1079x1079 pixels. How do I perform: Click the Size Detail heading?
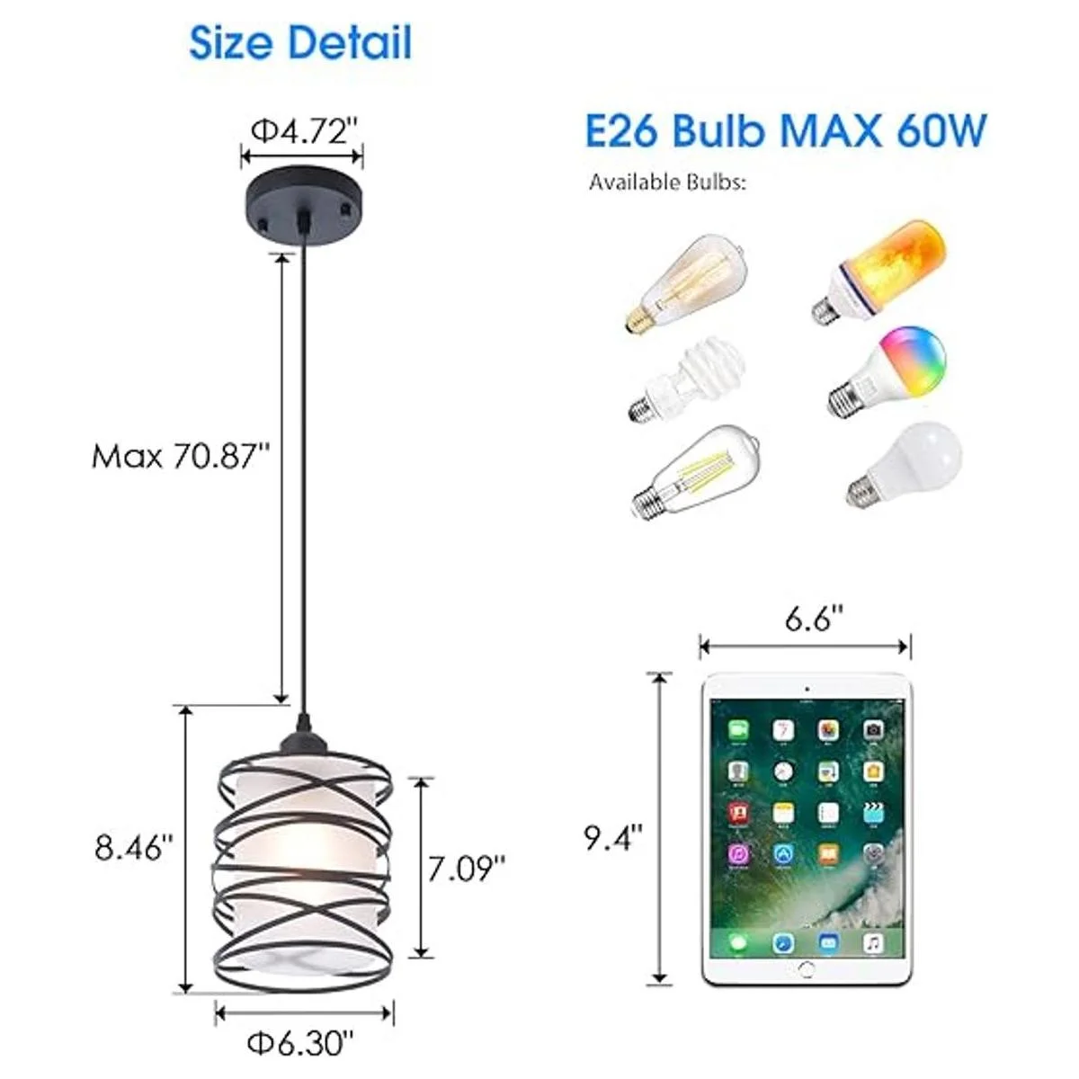300,42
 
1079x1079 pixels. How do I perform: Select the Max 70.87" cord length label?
181,456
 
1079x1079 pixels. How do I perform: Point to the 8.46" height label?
133,848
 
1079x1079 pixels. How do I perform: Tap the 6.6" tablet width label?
814,620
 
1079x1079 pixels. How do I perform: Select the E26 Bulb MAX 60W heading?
786,130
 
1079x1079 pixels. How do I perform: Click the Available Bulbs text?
667,182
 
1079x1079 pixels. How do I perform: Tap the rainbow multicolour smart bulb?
887,370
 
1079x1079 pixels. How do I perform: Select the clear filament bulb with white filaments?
696,473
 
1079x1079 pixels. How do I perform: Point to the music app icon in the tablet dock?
873,943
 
